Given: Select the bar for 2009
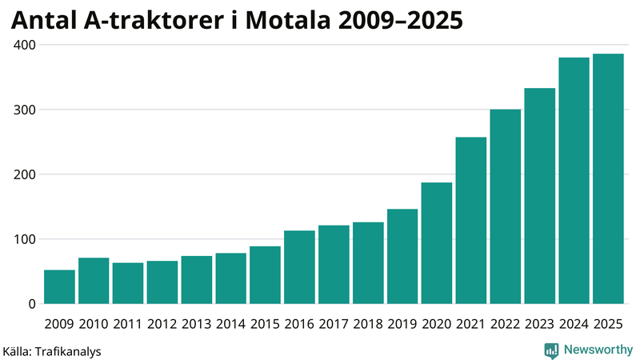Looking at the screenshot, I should pos(59,287).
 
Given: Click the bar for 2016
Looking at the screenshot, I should pos(299,267).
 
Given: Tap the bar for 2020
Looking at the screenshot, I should pos(437,243).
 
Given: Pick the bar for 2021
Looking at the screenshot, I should pos(471,221).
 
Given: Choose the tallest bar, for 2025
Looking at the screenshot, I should pos(608,179).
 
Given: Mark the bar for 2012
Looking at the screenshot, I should pos(162,282).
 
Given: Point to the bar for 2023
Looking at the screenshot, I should pos(540,196).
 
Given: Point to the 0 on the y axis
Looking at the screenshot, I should pos(31,304).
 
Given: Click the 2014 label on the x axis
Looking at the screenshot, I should pos(230,324).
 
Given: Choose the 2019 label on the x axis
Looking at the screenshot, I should pos(402,324).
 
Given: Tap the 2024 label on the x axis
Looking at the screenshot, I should pos(574,324).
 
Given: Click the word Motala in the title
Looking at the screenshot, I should pos(301,21).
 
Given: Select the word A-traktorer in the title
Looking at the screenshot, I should pos(157,21).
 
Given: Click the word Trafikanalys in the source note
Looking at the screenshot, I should pos(68,351).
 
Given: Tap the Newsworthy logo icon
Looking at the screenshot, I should pos(551,350).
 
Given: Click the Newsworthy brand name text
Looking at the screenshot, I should pos(596,350).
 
